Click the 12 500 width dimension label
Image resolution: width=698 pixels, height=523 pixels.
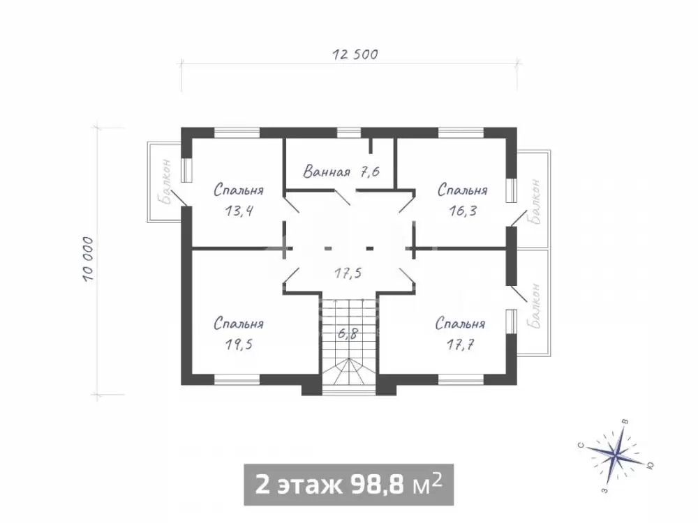click(x=355, y=54)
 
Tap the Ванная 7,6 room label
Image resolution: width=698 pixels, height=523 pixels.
click(x=341, y=172)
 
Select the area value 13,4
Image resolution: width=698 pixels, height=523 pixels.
click(x=239, y=211)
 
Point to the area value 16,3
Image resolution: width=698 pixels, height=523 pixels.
click(x=463, y=211)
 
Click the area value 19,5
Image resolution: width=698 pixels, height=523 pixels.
click(x=239, y=344)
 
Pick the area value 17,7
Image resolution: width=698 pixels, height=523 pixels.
click(x=461, y=344)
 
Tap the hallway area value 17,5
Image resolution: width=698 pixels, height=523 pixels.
click(x=348, y=273)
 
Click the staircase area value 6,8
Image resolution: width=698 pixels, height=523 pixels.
click(x=348, y=333)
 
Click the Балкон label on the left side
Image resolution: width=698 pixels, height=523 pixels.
click(x=167, y=181)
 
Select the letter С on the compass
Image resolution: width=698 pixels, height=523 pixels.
click(x=581, y=445)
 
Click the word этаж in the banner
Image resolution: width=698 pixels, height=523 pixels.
click(x=311, y=485)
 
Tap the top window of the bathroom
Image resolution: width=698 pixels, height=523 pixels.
click(x=348, y=132)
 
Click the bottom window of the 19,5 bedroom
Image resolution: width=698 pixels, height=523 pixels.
click(x=237, y=379)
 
